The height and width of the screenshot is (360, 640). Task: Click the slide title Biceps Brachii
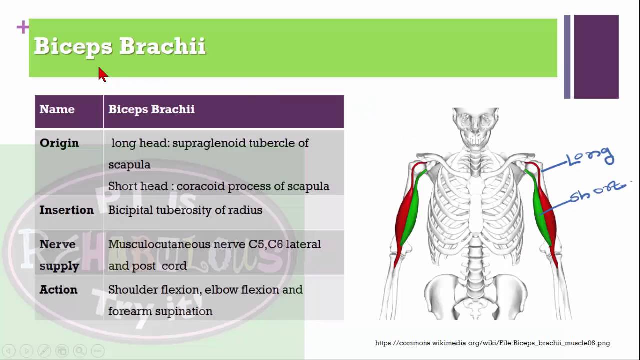(x=119, y=46)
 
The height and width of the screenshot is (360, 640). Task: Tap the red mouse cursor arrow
(x=103, y=74)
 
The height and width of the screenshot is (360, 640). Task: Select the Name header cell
(x=57, y=109)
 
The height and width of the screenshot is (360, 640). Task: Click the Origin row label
(x=59, y=143)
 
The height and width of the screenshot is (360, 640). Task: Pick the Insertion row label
(x=66, y=210)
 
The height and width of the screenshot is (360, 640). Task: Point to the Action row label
(x=58, y=290)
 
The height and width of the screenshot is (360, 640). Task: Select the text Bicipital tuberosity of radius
(x=185, y=210)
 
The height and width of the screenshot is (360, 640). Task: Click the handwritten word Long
(x=590, y=157)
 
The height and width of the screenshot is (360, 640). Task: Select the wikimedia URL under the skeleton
(x=492, y=343)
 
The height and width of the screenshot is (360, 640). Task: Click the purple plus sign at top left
(x=23, y=27)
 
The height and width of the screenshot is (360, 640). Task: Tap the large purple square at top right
(x=596, y=56)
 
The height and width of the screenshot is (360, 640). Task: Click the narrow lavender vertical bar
(x=567, y=56)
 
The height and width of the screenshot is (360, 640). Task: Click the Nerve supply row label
(x=59, y=255)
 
